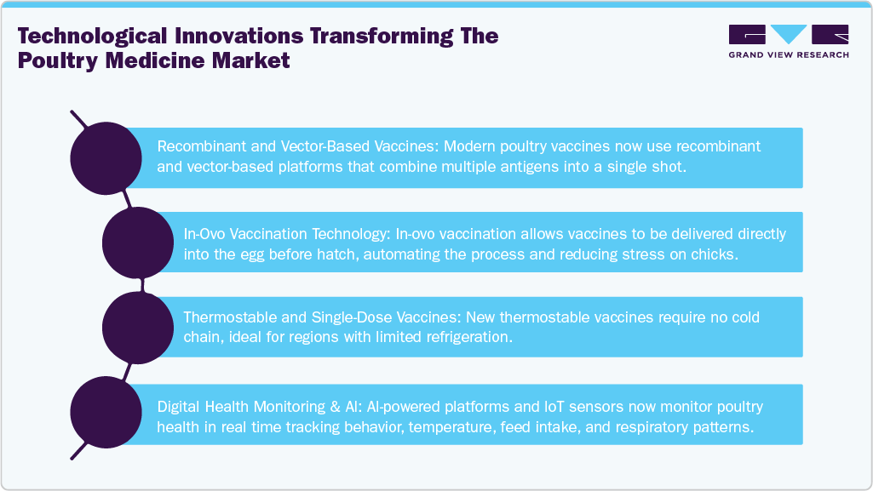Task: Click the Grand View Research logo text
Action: [788, 55]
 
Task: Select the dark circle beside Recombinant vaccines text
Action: [105, 158]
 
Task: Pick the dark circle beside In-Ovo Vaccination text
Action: [138, 243]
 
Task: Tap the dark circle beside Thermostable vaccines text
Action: [138, 327]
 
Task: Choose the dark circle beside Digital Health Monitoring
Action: [105, 413]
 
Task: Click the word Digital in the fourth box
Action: [177, 406]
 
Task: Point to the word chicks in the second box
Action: [715, 253]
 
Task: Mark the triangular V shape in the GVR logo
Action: [788, 34]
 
